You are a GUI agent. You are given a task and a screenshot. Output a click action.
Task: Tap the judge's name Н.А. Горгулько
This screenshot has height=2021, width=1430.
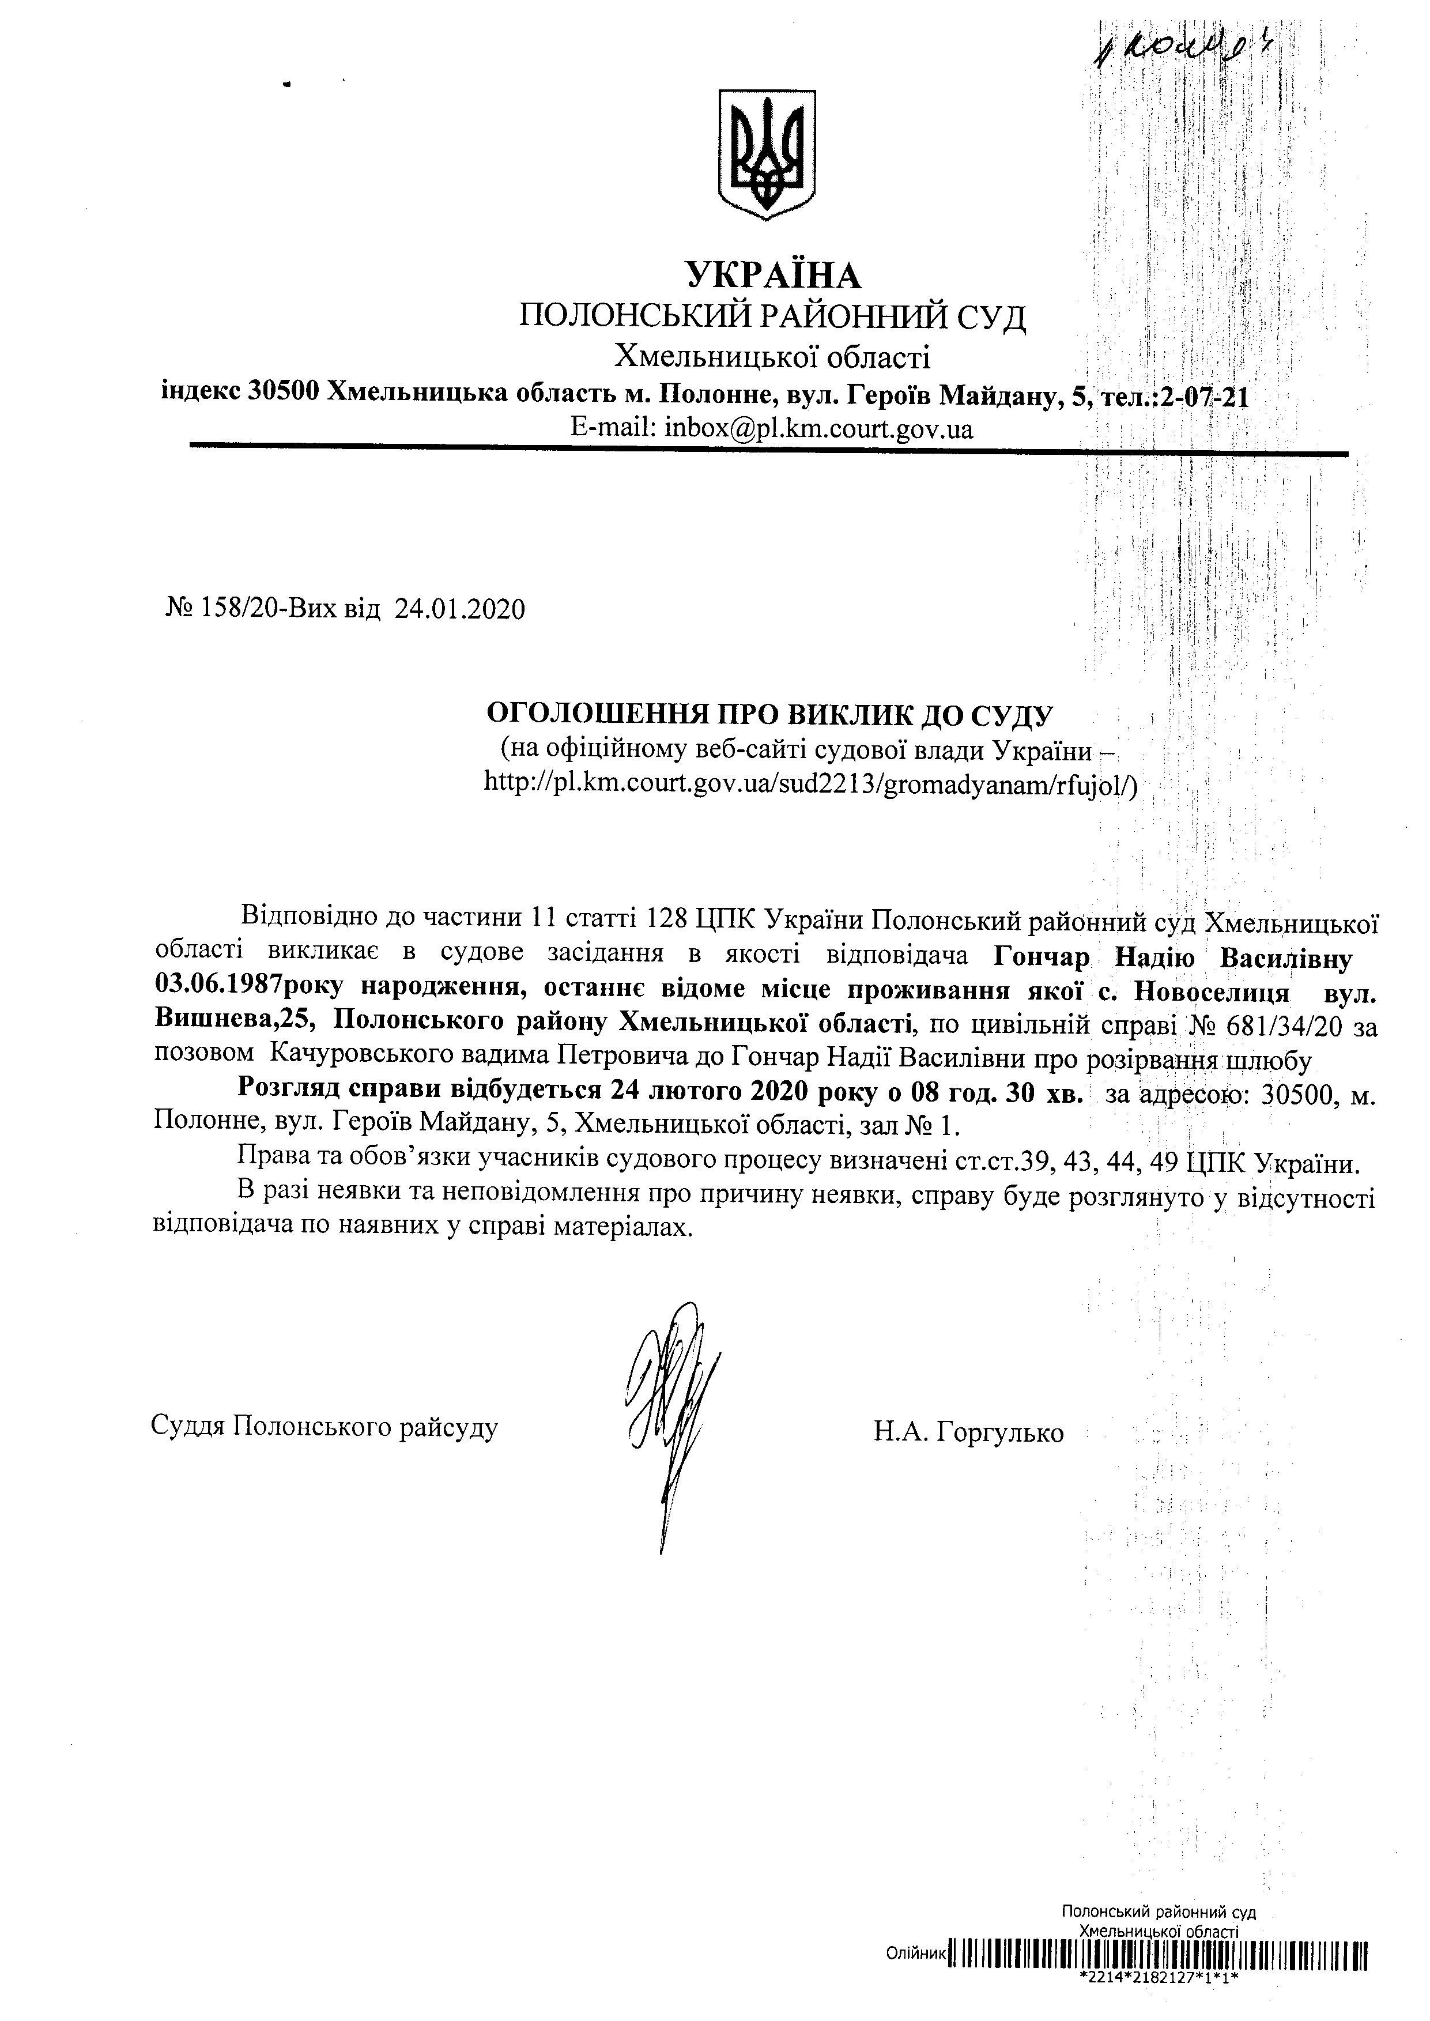968,1433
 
